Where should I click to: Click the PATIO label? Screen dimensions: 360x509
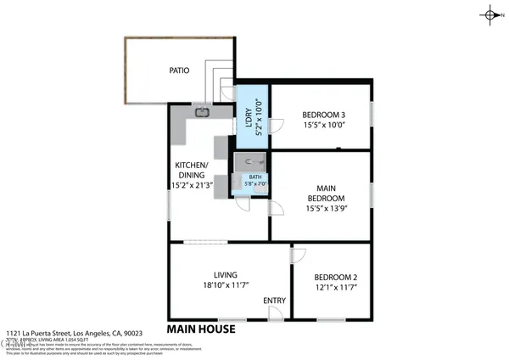[x=179, y=71]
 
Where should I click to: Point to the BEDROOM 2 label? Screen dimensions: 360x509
[x=336, y=278]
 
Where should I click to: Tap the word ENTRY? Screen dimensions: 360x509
[x=274, y=301]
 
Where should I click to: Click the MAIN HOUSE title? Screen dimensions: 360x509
[x=201, y=329]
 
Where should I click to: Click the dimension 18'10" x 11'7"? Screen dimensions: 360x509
[x=225, y=287]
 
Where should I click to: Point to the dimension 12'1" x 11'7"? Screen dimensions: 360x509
[x=336, y=289]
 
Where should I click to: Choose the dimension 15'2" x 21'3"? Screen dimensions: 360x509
[x=193, y=183]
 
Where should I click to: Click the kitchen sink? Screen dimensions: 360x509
[x=203, y=111]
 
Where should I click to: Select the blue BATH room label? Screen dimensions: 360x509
[x=255, y=177]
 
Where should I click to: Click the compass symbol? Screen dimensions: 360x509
[x=491, y=14]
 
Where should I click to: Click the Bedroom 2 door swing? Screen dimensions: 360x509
[x=299, y=254]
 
